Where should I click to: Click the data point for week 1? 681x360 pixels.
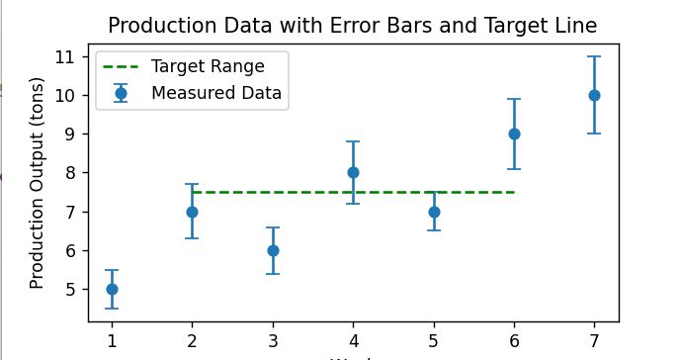click(112, 289)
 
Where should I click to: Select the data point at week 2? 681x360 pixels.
click(192, 212)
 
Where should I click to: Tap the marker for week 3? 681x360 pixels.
click(273, 250)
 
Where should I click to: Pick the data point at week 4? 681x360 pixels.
click(353, 172)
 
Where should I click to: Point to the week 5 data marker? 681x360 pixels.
click(434, 212)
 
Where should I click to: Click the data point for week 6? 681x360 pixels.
click(514, 134)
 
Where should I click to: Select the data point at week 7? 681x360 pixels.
click(594, 95)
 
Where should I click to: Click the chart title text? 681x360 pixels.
click(352, 26)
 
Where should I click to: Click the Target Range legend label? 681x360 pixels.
click(208, 66)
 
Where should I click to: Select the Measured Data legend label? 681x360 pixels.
click(216, 94)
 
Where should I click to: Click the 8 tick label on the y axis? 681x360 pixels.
click(70, 173)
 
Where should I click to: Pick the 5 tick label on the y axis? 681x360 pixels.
click(70, 290)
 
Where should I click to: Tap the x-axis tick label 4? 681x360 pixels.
click(353, 341)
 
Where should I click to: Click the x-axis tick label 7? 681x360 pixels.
click(594, 341)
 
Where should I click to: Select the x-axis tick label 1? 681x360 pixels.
click(112, 341)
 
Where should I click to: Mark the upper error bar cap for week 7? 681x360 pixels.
click(594, 56)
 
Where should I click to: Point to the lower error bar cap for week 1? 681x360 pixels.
click(112, 309)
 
